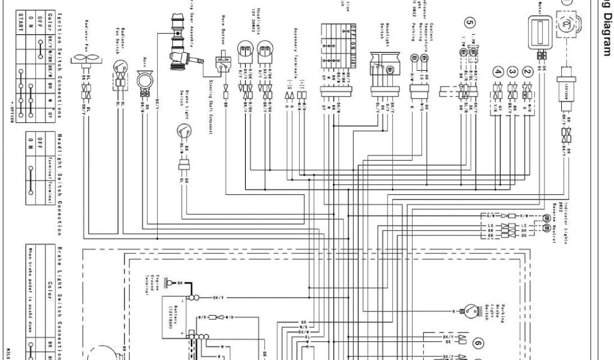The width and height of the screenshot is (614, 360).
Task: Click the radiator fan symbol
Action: (x=87, y=57)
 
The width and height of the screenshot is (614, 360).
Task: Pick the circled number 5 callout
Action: (x=469, y=23)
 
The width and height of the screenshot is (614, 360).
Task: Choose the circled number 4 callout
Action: (x=496, y=71)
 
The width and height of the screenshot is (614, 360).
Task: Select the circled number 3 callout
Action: (x=511, y=71)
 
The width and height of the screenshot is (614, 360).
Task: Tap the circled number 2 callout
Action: (x=528, y=71)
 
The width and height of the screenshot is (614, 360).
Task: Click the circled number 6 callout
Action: (x=477, y=343)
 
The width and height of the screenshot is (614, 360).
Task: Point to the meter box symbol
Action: (x=541, y=29)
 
